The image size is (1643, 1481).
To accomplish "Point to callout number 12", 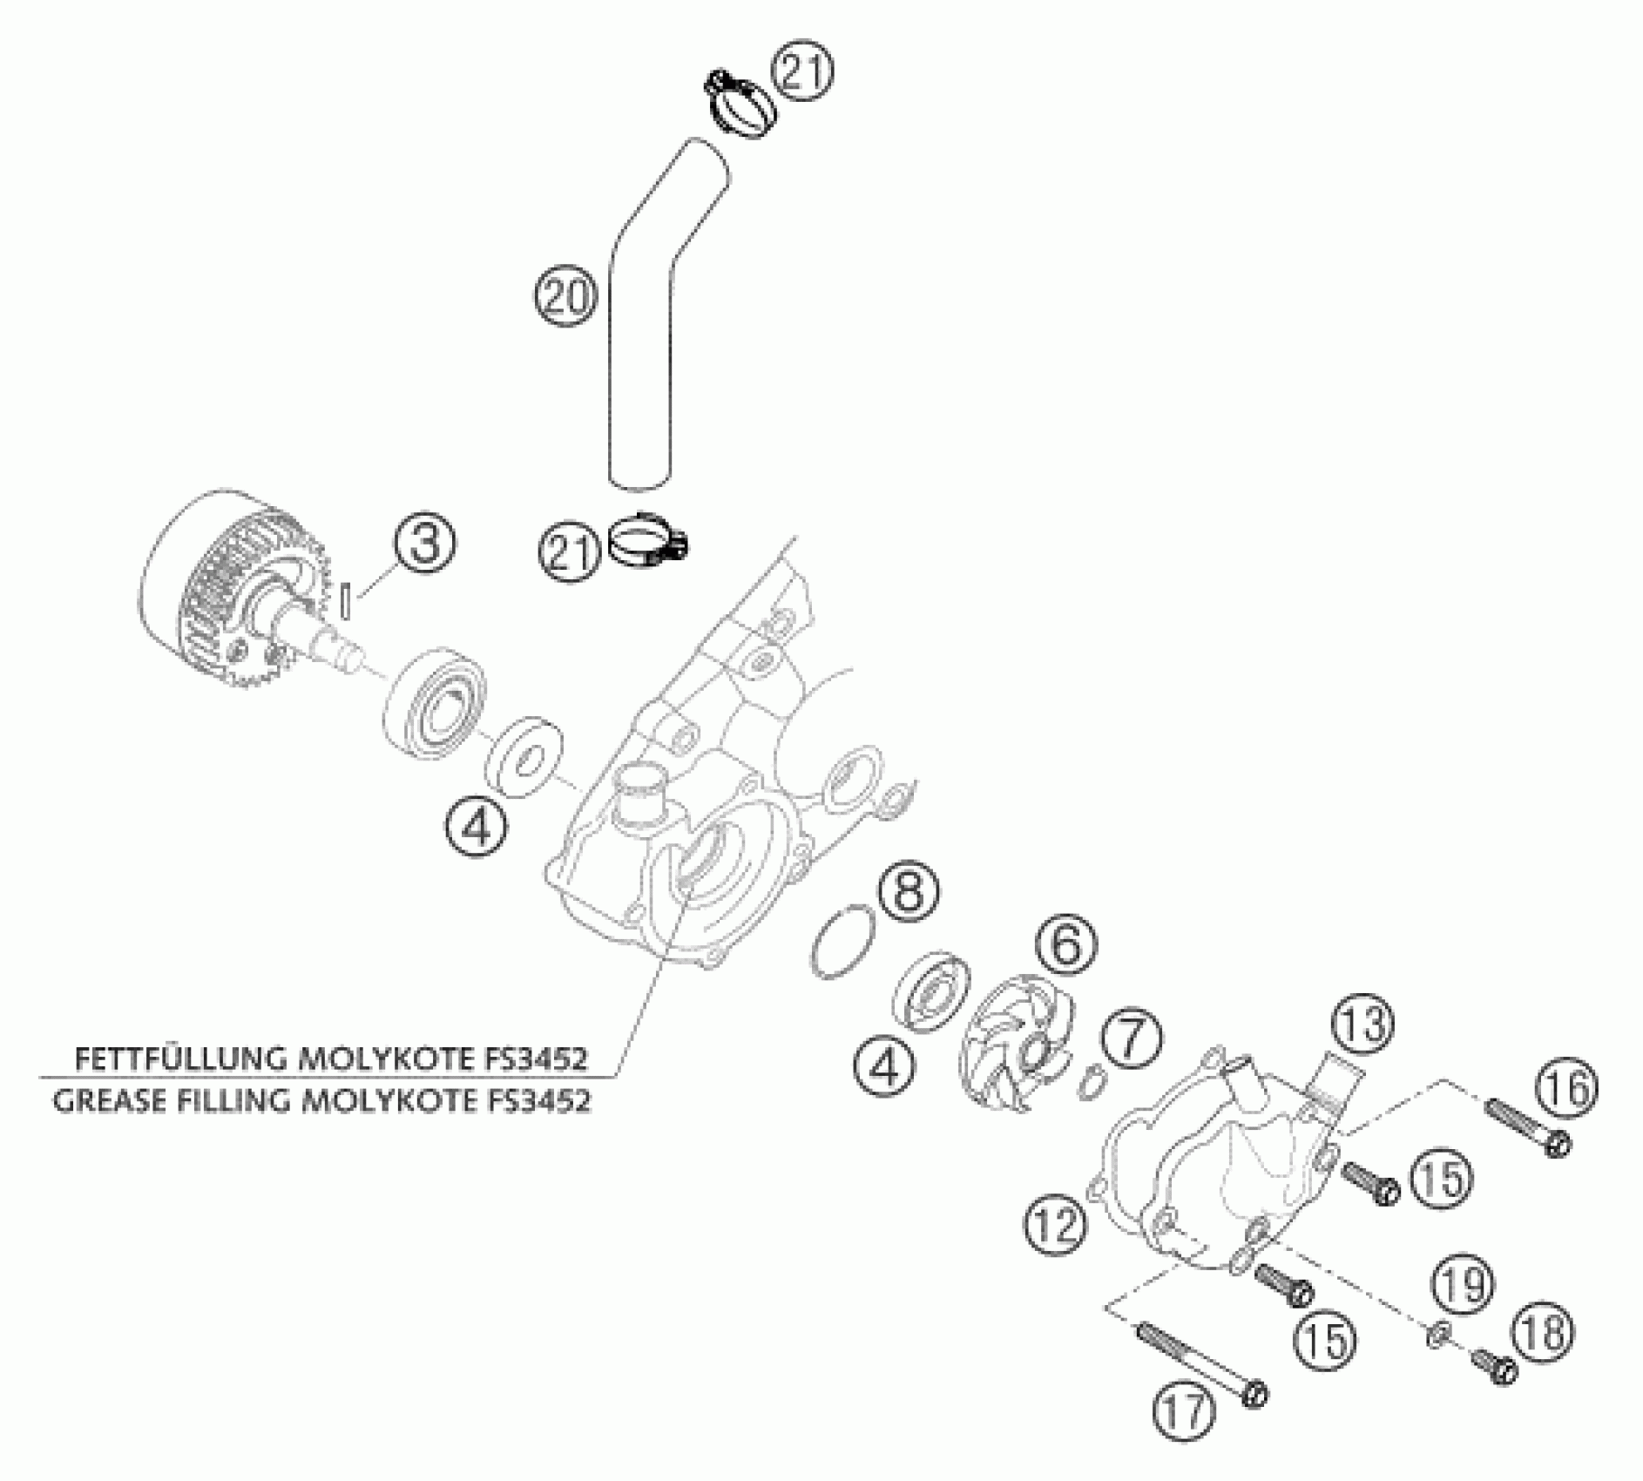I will point(1057,1224).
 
